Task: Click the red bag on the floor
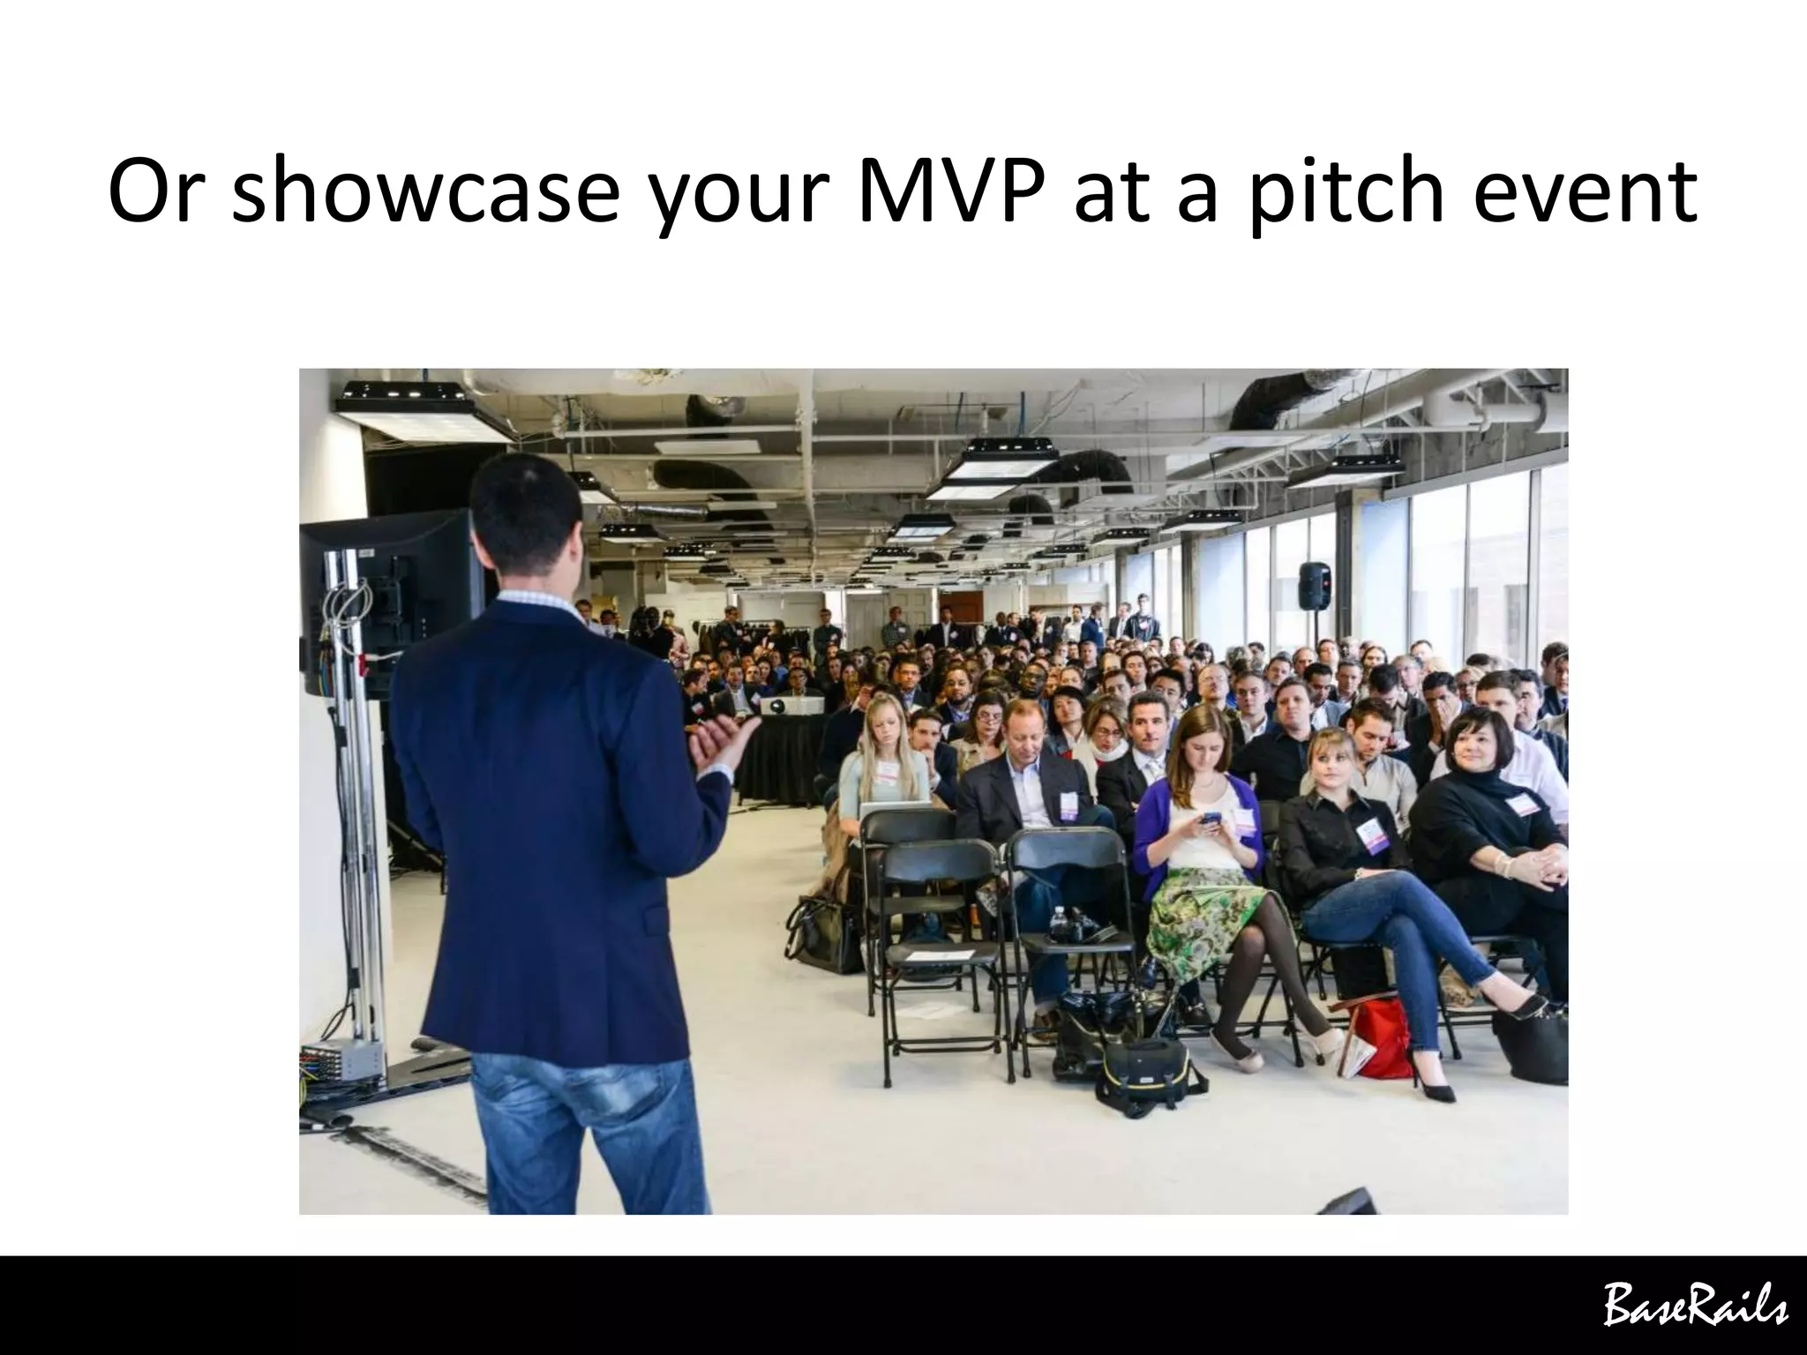(x=1382, y=1037)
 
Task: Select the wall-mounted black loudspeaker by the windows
(x=1314, y=585)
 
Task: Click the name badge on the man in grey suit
(x=1068, y=805)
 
